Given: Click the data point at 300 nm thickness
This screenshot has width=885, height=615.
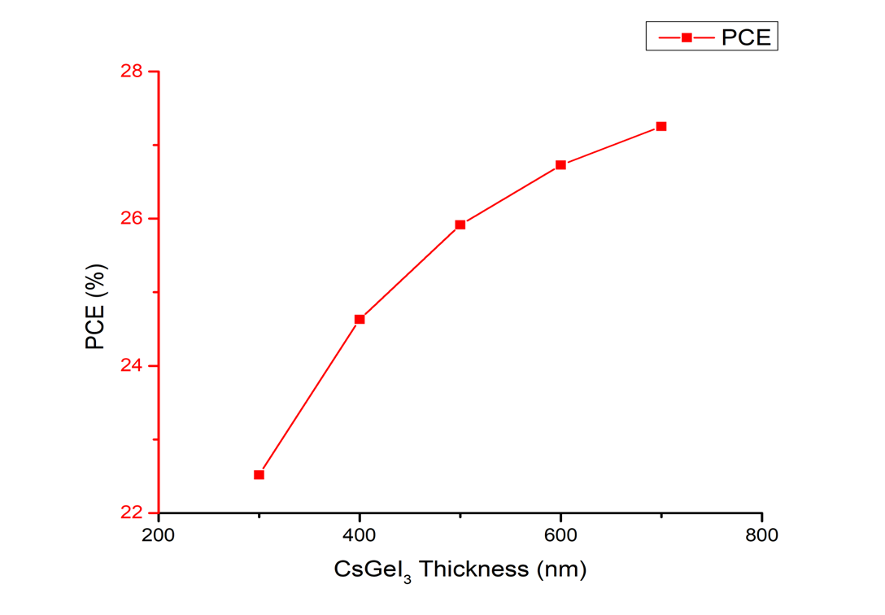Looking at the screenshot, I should tap(259, 474).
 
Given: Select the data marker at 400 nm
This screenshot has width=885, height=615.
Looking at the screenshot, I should tap(360, 319).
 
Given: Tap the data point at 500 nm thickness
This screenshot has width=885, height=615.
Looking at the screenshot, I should tap(460, 225).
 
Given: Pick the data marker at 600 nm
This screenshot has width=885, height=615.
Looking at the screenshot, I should tap(560, 165).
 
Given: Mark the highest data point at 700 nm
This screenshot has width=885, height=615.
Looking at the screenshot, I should tap(661, 126).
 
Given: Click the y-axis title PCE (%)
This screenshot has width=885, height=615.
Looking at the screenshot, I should tap(96, 307).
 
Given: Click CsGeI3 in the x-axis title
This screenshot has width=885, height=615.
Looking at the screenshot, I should tap(366, 569).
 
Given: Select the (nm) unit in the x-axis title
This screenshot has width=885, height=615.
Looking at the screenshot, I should tap(560, 569).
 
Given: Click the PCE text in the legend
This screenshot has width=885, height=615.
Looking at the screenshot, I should tap(746, 37).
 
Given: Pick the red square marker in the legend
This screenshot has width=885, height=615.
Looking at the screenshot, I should tap(687, 37).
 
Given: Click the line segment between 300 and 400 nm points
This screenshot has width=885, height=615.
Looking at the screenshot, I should tap(309, 397).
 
